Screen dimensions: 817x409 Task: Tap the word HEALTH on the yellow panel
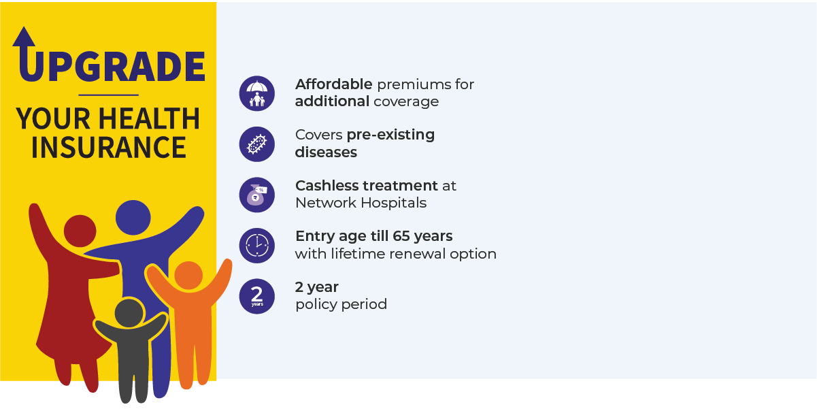tap(149, 118)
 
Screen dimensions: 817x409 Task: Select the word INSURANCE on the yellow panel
tap(109, 147)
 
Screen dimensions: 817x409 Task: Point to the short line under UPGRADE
tap(109, 95)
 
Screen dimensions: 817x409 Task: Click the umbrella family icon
tap(256, 93)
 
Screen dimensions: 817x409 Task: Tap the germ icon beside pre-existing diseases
tap(256, 144)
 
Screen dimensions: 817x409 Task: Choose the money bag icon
tap(256, 195)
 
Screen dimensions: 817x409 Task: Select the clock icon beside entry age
tap(256, 246)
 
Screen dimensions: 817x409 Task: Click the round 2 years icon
tap(256, 296)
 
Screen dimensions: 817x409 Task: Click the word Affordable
tap(334, 84)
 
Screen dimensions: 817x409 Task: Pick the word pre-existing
tap(390, 135)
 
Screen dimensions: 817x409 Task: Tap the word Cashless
tap(327, 186)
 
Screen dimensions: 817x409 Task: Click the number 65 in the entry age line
tap(401, 236)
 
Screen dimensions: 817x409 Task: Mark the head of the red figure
tap(80, 231)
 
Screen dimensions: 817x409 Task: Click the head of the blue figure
tap(133, 218)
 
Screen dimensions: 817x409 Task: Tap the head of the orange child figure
tap(188, 276)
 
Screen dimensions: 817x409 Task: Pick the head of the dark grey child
tap(129, 313)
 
